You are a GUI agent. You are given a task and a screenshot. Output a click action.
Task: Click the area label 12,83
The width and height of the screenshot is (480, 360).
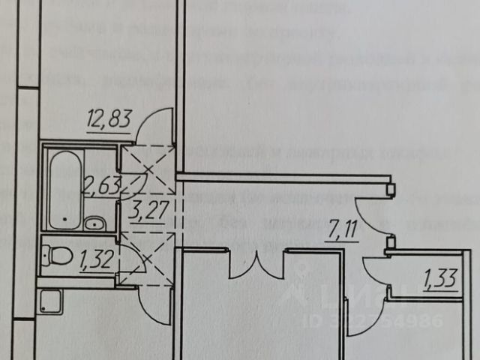pyautogui.click(x=109, y=119)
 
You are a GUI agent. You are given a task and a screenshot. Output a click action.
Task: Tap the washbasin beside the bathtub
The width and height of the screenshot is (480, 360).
pyautogui.click(x=94, y=223)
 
